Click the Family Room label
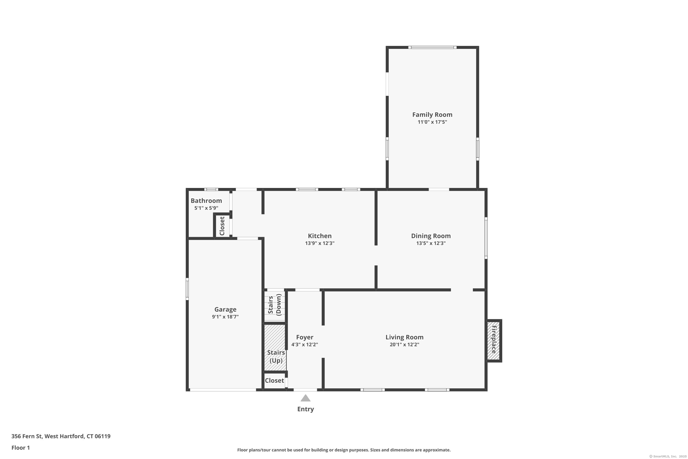click(x=432, y=115)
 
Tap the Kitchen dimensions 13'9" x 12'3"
click(x=320, y=243)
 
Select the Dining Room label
click(x=431, y=236)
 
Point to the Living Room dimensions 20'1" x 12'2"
click(x=404, y=344)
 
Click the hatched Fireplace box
click(x=494, y=340)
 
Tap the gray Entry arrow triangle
click(x=305, y=398)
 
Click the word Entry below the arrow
click(x=305, y=409)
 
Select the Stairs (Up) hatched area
click(x=275, y=347)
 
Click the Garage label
click(x=225, y=309)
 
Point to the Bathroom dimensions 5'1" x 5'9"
click(x=206, y=208)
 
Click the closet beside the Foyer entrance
click(x=274, y=381)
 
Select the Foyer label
click(x=305, y=337)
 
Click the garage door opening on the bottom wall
click(x=223, y=390)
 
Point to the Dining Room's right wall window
click(x=486, y=238)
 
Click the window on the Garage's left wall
click(x=187, y=289)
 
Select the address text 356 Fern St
click(x=27, y=436)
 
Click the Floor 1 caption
click(x=20, y=448)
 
